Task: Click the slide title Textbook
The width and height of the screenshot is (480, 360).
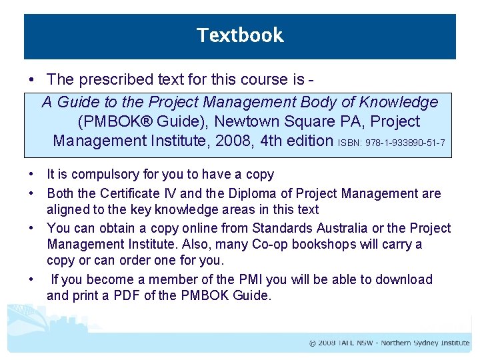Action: [240, 35]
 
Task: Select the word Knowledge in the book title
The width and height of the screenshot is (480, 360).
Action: [399, 102]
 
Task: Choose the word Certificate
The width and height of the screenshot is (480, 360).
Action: [134, 194]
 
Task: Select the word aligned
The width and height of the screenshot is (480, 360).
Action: [67, 211]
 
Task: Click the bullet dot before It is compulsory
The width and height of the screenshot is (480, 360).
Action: [32, 175]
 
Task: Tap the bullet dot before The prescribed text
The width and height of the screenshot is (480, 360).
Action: [32, 80]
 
